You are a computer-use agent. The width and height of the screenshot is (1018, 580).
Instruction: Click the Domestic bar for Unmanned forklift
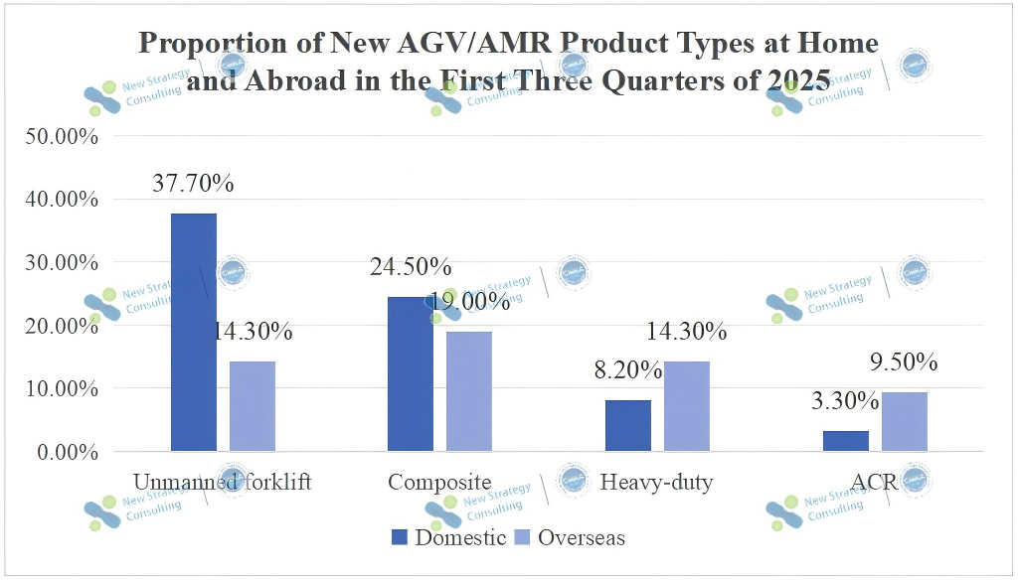[194, 333]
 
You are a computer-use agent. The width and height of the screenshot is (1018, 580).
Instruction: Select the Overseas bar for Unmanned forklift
[253, 406]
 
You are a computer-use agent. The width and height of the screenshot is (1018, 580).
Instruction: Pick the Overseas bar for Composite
[469, 391]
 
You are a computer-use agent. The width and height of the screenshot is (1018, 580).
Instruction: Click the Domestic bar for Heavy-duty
[628, 426]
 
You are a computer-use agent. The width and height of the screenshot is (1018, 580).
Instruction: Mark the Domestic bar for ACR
[846, 441]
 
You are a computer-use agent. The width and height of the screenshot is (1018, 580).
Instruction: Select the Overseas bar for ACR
[905, 422]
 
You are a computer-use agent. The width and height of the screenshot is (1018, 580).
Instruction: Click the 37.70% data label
[193, 184]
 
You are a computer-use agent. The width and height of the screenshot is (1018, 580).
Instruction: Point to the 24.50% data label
[411, 267]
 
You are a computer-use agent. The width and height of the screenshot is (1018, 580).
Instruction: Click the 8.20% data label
[628, 370]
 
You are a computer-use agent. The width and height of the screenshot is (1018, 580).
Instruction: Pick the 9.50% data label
[904, 362]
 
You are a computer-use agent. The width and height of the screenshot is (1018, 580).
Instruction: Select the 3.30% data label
[845, 402]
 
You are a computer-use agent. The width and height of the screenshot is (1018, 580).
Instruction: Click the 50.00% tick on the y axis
[61, 136]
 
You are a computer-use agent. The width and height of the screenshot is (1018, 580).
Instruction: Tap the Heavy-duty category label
[657, 483]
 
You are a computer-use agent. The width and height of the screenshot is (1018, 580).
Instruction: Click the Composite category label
[440, 483]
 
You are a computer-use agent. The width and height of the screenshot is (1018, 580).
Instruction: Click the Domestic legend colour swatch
[400, 538]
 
